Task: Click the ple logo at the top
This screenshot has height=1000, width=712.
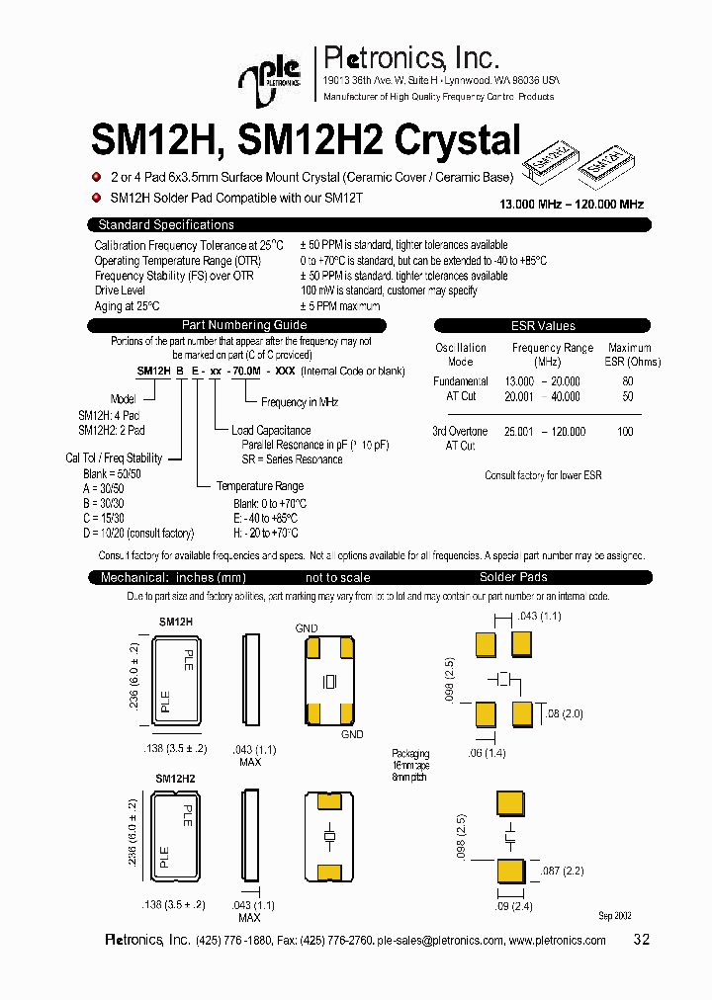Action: pyautogui.click(x=266, y=78)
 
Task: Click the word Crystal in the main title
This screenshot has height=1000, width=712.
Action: pyautogui.click(x=457, y=140)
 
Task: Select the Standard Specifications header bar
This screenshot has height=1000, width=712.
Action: pyautogui.click(x=166, y=225)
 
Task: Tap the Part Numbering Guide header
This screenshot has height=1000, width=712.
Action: pyautogui.click(x=244, y=325)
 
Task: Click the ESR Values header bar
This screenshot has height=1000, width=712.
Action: pyautogui.click(x=542, y=325)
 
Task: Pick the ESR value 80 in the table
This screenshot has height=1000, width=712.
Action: pyautogui.click(x=627, y=380)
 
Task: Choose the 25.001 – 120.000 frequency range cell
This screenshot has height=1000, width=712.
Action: pyautogui.click(x=545, y=432)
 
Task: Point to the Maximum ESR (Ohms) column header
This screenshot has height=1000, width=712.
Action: pyautogui.click(x=629, y=355)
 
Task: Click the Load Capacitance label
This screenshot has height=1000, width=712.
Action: pyautogui.click(x=270, y=431)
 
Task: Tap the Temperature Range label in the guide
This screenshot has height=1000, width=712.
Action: pyautogui.click(x=260, y=486)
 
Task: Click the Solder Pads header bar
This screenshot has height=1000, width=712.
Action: pyautogui.click(x=513, y=577)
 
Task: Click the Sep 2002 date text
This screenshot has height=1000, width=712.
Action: pyautogui.click(x=615, y=916)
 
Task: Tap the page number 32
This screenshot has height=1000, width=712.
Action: pyautogui.click(x=641, y=940)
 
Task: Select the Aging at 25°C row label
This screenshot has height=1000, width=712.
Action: pyautogui.click(x=127, y=306)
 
